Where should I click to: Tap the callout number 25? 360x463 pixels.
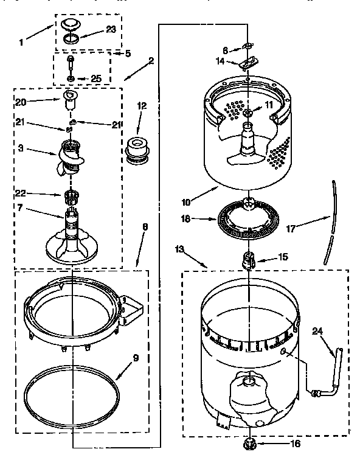point(95,79)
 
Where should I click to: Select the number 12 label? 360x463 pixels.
point(142,105)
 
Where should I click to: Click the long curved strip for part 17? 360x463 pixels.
point(331,219)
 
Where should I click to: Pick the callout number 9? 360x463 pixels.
point(135,358)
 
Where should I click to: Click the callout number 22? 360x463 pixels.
point(20,193)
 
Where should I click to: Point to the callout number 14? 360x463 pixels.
point(220,61)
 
